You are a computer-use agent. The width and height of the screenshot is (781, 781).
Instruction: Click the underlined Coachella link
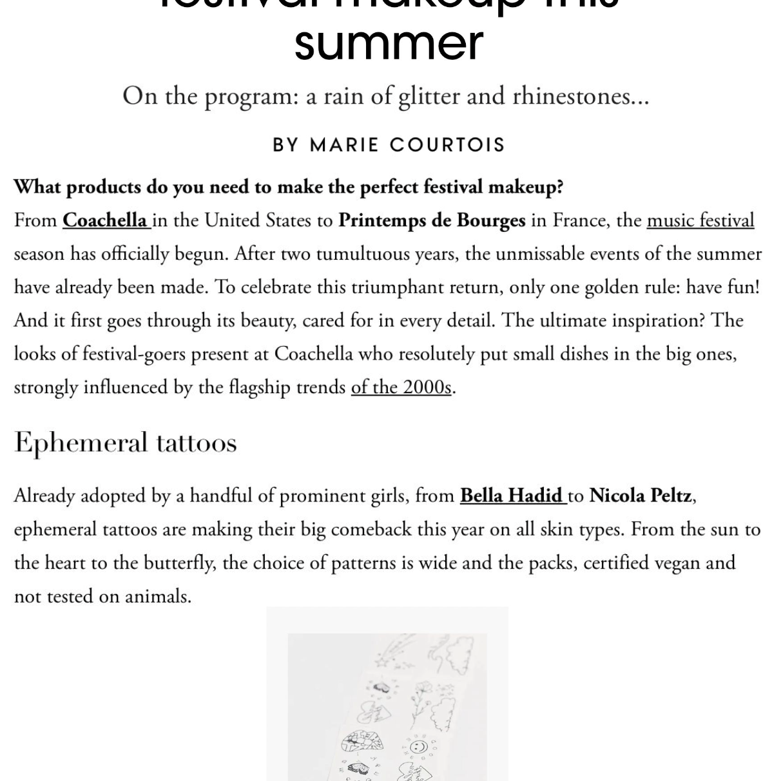[105, 220]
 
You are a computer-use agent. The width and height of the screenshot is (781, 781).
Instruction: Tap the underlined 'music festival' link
[700, 220]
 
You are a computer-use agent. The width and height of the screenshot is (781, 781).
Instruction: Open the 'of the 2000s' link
[401, 387]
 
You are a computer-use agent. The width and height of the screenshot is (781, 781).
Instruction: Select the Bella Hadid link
[511, 496]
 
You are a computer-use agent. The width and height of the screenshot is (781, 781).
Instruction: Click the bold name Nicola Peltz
[641, 496]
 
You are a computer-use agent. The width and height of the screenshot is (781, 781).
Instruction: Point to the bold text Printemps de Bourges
[432, 220]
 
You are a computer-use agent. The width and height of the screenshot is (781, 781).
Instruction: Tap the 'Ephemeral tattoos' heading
[126, 443]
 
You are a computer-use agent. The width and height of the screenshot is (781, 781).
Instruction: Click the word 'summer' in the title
[389, 43]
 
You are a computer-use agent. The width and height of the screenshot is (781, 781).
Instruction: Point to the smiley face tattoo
[419, 747]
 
